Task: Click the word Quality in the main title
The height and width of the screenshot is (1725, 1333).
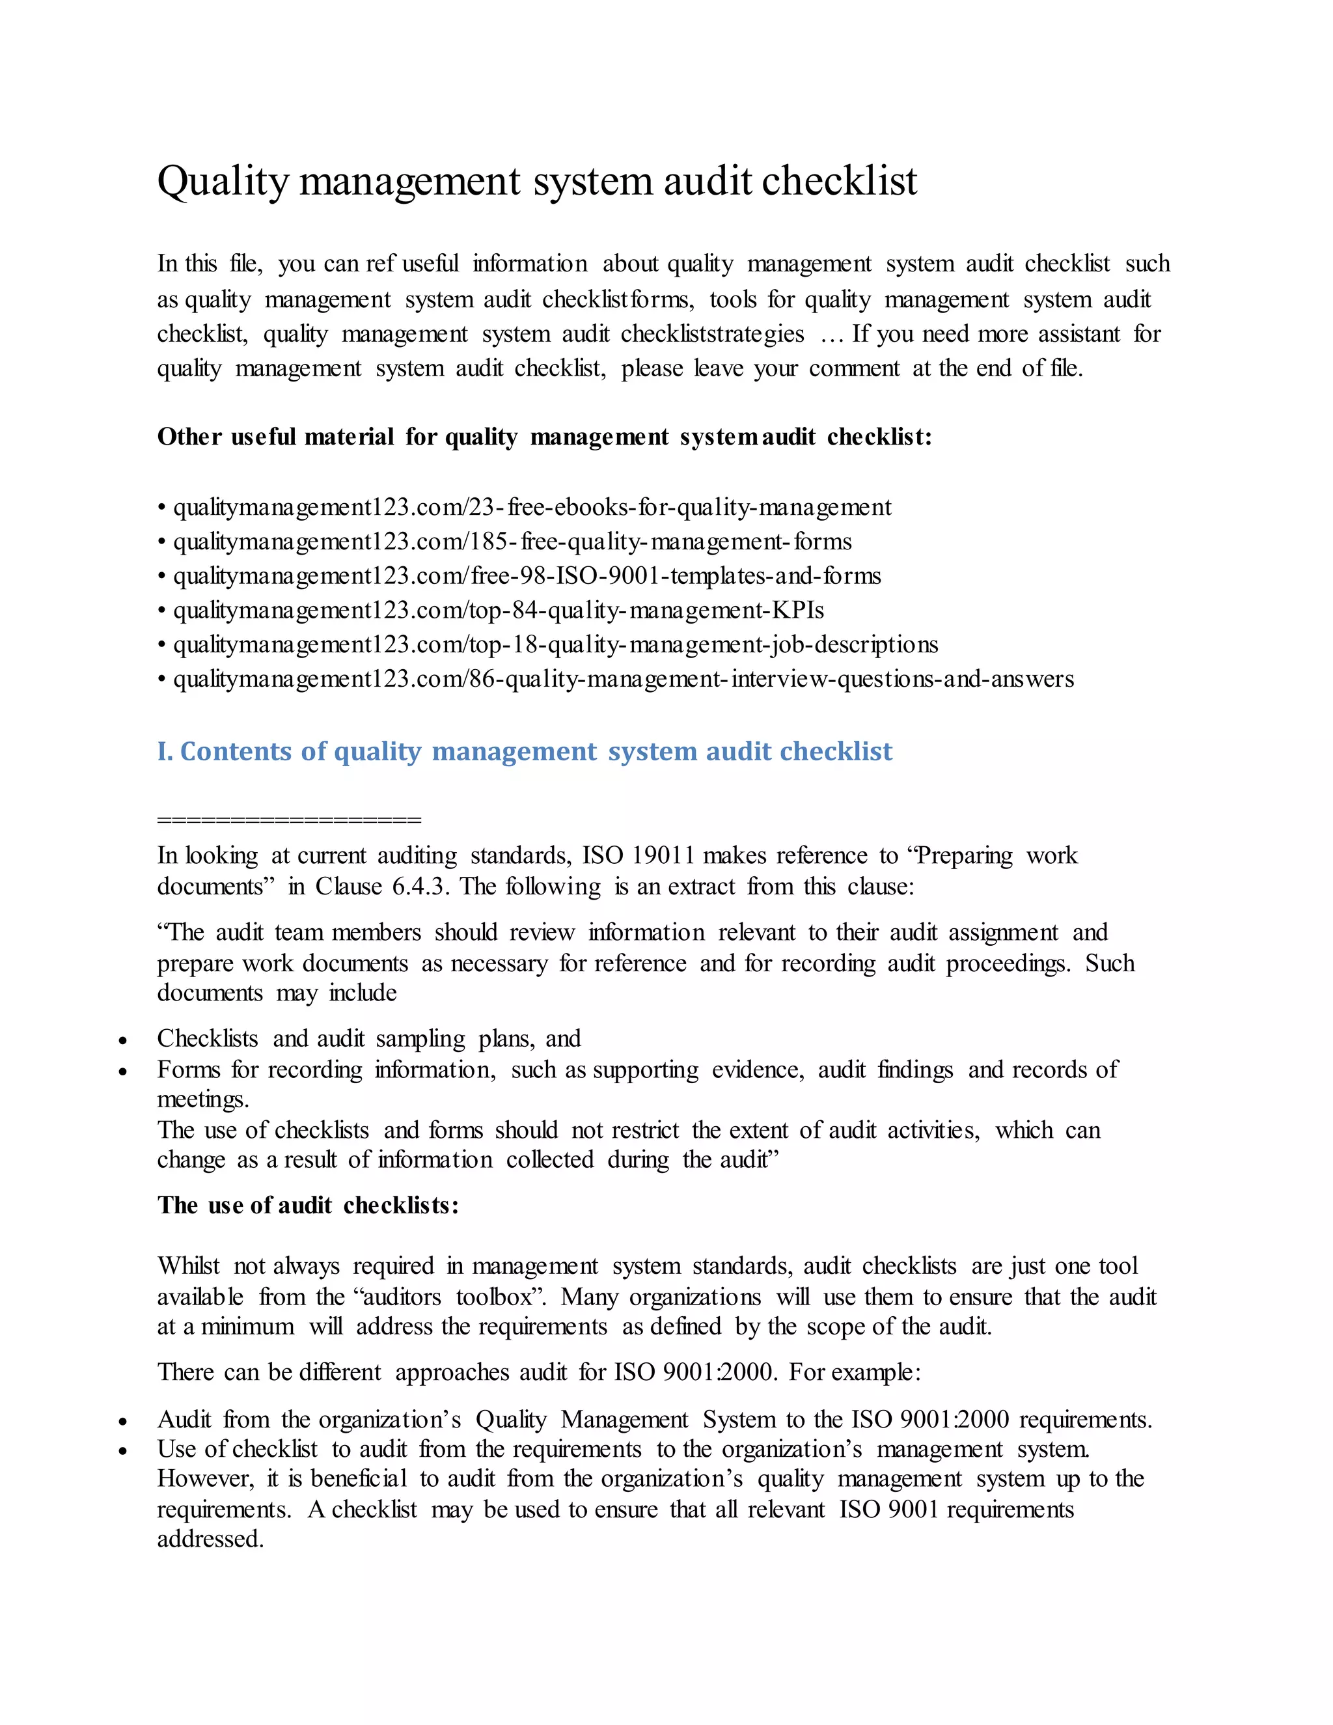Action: [223, 182]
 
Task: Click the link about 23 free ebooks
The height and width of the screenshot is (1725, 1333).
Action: [532, 507]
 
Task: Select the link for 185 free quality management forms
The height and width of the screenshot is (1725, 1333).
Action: [512, 542]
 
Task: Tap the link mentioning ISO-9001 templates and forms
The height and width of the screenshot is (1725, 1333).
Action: [527, 576]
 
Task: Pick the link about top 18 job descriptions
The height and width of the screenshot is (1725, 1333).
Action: [555, 644]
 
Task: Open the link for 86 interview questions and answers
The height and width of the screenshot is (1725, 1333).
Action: [623, 679]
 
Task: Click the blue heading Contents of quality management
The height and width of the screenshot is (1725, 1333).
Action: [525, 751]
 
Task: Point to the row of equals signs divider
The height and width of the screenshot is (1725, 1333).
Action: [289, 820]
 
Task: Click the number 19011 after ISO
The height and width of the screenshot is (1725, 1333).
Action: [663, 855]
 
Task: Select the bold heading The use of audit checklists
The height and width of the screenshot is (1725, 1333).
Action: [308, 1206]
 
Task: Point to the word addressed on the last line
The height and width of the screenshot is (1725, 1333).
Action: [210, 1539]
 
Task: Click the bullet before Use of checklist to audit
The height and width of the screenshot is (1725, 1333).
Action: [123, 1452]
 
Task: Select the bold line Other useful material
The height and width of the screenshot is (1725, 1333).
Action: [544, 437]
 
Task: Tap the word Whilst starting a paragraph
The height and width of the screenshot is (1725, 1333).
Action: [188, 1266]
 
